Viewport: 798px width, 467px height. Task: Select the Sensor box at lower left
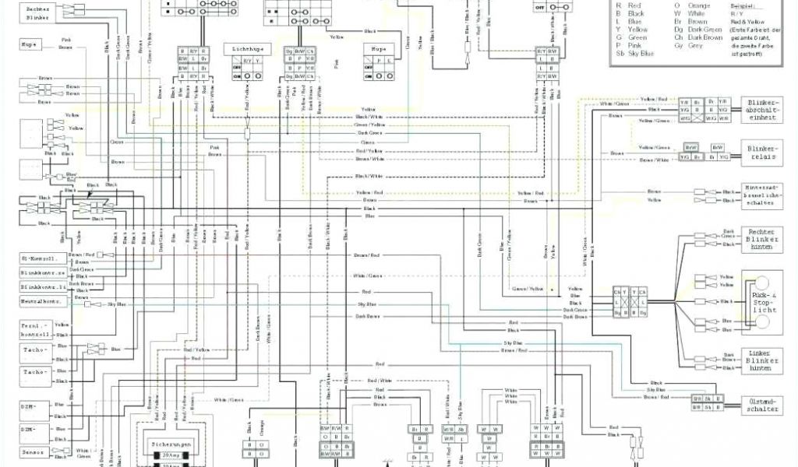34,452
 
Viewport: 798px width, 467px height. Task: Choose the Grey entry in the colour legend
695,45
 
